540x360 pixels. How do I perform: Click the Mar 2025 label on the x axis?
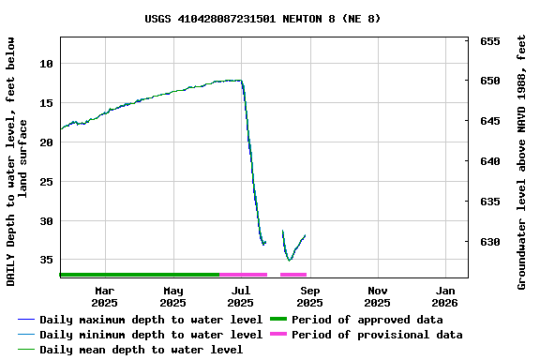point(104,296)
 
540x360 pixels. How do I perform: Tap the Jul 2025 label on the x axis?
point(241,296)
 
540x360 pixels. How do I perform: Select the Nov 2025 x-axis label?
point(377,296)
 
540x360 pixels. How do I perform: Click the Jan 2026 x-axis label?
point(444,296)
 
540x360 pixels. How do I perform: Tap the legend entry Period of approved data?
point(367,320)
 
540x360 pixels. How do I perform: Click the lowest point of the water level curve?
point(290,260)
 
